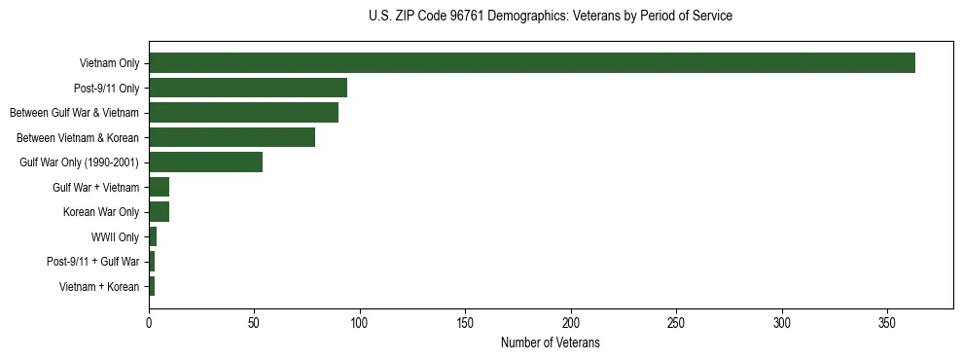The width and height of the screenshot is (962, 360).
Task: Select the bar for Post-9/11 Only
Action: pyautogui.click(x=248, y=88)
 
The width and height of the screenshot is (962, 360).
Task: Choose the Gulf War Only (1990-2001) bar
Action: pyautogui.click(x=205, y=162)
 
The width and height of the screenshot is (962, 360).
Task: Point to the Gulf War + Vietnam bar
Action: pyautogui.click(x=159, y=187)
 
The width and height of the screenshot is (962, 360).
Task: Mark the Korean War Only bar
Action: pyautogui.click(x=159, y=211)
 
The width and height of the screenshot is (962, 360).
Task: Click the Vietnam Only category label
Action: pyautogui.click(x=109, y=63)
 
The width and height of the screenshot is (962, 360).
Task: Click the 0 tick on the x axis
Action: pyautogui.click(x=149, y=322)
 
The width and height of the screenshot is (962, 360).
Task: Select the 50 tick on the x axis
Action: pyautogui.click(x=254, y=322)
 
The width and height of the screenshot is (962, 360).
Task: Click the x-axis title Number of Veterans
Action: pyautogui.click(x=550, y=342)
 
